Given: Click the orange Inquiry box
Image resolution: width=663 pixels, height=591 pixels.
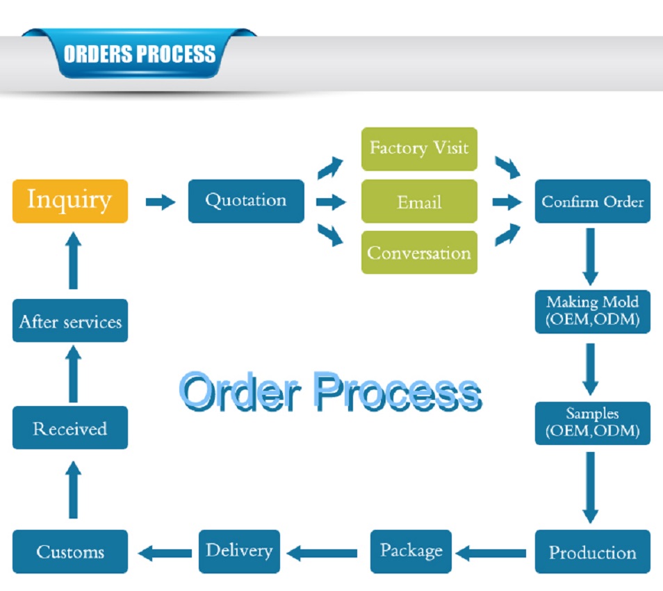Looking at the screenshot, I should click(x=70, y=201).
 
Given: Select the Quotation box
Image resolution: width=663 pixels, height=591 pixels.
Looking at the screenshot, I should click(x=246, y=201).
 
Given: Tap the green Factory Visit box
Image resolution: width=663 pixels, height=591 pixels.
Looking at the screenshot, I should click(x=419, y=149).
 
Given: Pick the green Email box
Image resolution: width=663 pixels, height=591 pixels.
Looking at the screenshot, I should click(x=419, y=202).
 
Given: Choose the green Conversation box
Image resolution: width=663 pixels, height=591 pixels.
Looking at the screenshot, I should click(x=419, y=252).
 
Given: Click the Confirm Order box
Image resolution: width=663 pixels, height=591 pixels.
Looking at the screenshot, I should click(x=592, y=202).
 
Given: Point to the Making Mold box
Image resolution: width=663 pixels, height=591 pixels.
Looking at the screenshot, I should click(x=592, y=311).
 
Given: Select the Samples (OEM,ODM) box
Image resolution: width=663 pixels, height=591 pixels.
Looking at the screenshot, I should click(x=592, y=423).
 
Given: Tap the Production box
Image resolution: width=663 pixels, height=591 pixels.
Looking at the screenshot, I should click(x=592, y=552).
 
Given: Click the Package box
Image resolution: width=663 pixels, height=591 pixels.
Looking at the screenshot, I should click(x=411, y=551).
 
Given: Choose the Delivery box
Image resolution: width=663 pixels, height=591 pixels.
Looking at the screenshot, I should click(x=239, y=551).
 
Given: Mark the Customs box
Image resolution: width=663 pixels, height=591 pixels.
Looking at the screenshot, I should click(x=70, y=552).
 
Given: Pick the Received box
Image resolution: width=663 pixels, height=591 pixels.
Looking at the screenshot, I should click(x=70, y=428).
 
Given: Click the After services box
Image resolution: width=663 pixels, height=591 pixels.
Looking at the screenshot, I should click(x=70, y=321).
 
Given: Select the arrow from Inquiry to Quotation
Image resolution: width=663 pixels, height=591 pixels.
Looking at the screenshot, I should click(x=161, y=202).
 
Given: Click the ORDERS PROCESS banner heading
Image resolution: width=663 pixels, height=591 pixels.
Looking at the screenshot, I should click(x=139, y=54).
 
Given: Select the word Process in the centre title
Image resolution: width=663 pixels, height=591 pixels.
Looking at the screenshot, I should click(x=396, y=393).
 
